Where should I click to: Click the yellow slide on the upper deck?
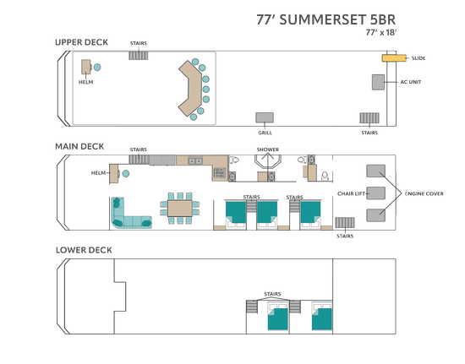tap(394, 58)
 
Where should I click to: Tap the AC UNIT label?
tap(410, 82)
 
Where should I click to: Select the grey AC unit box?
tap(379, 82)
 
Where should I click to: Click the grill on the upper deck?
tap(265, 117)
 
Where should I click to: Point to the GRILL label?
tap(265, 133)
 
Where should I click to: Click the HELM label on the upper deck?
tap(85, 82)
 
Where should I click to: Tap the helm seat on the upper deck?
tap(97, 68)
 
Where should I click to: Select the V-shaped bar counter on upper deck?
tap(189, 89)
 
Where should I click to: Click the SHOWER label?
tap(268, 149)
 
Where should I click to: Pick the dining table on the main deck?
tap(180, 209)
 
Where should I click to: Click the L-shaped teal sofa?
tap(129, 215)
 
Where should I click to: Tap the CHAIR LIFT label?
tap(351, 193)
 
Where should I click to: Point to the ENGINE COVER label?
tap(424, 193)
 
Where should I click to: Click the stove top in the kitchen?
tap(220, 172)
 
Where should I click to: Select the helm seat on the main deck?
tap(125, 173)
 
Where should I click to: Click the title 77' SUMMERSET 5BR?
tap(325, 19)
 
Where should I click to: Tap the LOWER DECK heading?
tap(84, 250)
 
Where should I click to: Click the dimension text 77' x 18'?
tap(381, 32)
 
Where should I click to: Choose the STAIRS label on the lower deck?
tap(272, 294)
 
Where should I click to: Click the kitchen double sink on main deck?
tap(195, 160)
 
